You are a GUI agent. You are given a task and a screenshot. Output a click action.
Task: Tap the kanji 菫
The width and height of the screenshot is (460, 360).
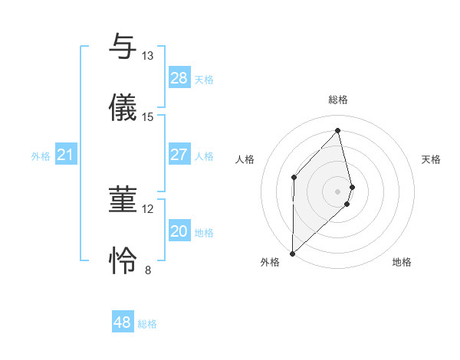[x=123, y=200]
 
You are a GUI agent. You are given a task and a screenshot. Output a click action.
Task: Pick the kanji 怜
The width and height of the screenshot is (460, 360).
[x=123, y=261]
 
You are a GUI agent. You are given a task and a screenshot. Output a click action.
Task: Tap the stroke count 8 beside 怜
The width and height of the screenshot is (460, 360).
[x=147, y=270]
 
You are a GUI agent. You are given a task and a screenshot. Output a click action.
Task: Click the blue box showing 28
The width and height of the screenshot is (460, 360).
[x=179, y=78]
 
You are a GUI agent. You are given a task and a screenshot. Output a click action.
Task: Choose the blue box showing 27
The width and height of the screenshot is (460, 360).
[x=179, y=155]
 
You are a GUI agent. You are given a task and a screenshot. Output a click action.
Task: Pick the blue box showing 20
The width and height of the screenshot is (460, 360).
[x=179, y=231]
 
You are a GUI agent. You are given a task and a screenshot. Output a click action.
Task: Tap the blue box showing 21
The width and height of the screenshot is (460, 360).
[x=65, y=155]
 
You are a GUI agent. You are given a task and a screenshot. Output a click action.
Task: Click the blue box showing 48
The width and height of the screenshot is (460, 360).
[x=122, y=322]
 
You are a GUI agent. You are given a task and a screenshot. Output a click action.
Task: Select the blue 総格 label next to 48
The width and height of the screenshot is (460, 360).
[x=147, y=324]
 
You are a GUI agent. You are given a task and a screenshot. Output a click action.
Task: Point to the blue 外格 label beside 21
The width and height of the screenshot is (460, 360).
[x=41, y=156]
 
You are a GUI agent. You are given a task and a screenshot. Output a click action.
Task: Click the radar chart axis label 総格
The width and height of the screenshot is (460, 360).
[x=338, y=100]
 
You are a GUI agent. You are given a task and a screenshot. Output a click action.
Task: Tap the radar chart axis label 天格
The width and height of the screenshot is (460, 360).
[x=432, y=159]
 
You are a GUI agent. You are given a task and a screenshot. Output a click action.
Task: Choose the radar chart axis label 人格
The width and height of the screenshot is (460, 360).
[x=245, y=159]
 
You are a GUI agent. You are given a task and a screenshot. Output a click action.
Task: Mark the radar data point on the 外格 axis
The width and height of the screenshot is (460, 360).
[x=292, y=253]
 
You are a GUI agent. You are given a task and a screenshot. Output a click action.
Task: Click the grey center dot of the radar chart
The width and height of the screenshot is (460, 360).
[x=338, y=190]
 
